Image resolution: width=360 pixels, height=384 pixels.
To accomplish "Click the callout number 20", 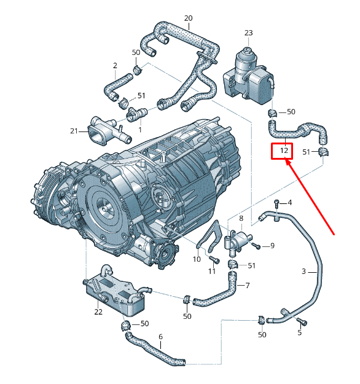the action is [188, 18].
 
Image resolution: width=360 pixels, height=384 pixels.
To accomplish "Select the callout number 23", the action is [248, 33].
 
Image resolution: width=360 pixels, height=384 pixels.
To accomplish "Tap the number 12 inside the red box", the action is [284, 151].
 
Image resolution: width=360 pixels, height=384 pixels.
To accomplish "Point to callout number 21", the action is [74, 131].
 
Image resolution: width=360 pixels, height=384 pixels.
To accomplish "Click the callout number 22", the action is [98, 312].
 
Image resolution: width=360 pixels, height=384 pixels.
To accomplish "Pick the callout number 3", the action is [303, 272].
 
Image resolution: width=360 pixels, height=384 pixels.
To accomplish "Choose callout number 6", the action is [161, 337].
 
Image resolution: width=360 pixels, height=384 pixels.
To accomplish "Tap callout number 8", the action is [241, 218].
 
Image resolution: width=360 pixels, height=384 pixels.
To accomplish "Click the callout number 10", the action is [197, 259].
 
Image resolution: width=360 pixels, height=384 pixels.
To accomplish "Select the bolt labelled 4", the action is [277, 203].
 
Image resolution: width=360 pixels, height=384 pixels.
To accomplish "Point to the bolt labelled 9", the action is [256, 246].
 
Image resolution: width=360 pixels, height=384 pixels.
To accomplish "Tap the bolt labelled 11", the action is [214, 259].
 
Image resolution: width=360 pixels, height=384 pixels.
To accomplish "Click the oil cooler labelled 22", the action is [114, 293].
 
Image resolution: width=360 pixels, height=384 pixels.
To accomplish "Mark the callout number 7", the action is [248, 285].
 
